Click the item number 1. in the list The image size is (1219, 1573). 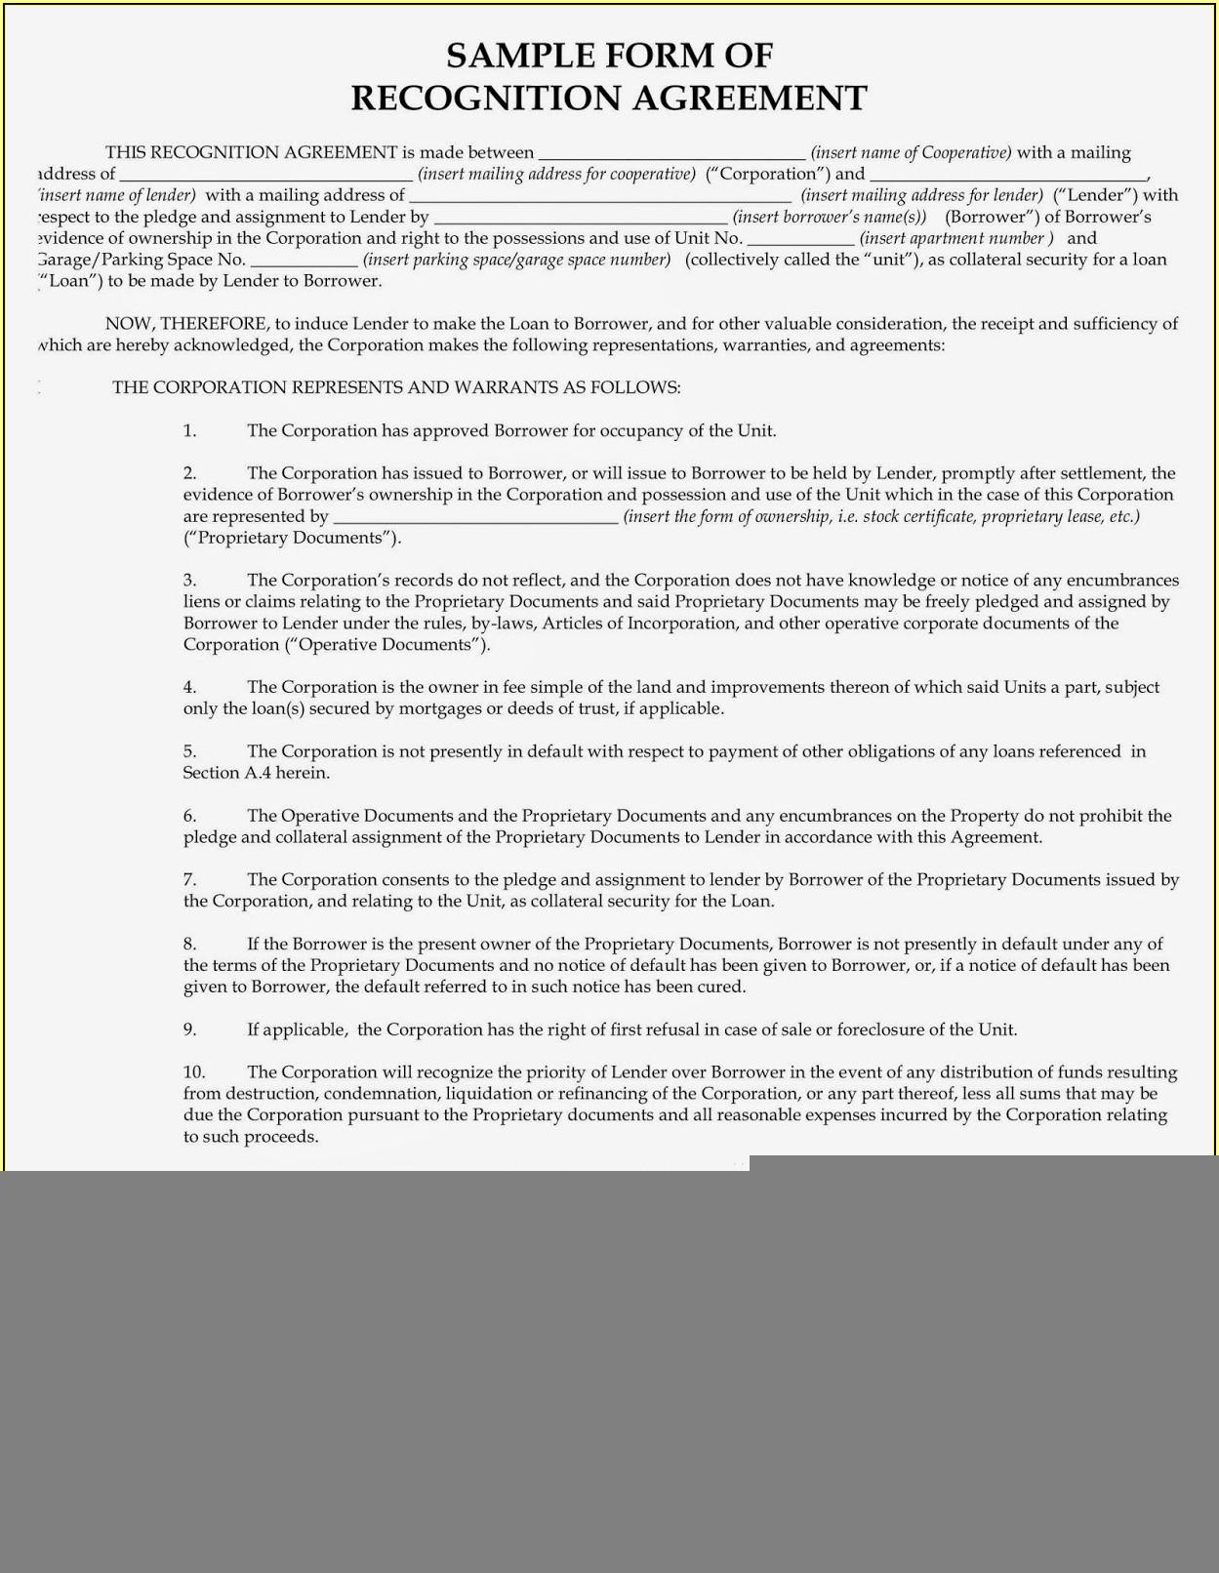click(189, 430)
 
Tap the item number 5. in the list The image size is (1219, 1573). click(189, 751)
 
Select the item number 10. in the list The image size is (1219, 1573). click(194, 1072)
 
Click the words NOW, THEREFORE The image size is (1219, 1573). click(185, 324)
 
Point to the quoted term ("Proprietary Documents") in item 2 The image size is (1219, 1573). click(292, 538)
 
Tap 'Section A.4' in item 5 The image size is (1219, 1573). click(226, 773)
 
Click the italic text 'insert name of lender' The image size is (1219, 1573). click(118, 195)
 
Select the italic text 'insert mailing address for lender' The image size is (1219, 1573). click(921, 195)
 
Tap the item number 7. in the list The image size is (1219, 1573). click(189, 880)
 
